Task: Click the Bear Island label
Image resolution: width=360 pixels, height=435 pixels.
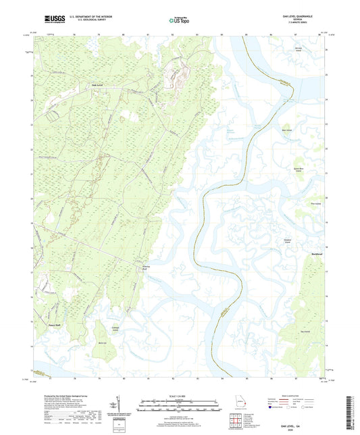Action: coord(286,132)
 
